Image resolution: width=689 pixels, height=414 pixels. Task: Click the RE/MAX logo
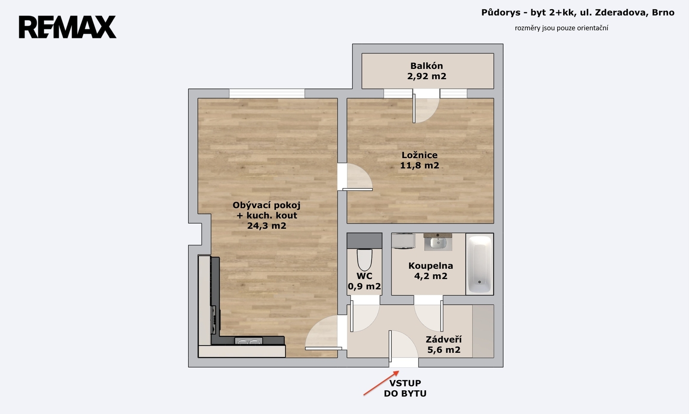[x=67, y=27]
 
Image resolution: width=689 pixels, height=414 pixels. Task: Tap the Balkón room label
[x=427, y=66]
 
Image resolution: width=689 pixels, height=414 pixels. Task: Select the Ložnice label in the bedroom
[x=419, y=155]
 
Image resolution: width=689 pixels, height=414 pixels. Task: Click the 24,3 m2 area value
[x=267, y=226]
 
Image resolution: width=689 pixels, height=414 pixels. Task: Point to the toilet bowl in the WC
[x=364, y=259]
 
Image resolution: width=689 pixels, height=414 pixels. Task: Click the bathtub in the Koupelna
[x=480, y=264]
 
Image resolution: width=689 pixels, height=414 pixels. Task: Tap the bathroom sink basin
[x=438, y=242]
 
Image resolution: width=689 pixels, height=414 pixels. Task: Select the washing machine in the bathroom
[x=403, y=241]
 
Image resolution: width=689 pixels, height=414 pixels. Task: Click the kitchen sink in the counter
[x=248, y=341]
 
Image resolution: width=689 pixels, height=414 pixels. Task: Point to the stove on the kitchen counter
[x=214, y=320]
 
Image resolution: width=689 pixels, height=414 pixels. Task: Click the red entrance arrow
[x=382, y=383]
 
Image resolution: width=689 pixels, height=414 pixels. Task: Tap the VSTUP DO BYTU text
[x=405, y=388]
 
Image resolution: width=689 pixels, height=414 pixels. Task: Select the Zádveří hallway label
[x=444, y=339]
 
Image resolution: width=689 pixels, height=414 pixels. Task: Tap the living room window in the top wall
[x=267, y=93]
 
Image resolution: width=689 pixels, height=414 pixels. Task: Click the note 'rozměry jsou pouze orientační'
[x=562, y=28]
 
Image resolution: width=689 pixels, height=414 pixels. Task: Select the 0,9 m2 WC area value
[x=364, y=286]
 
